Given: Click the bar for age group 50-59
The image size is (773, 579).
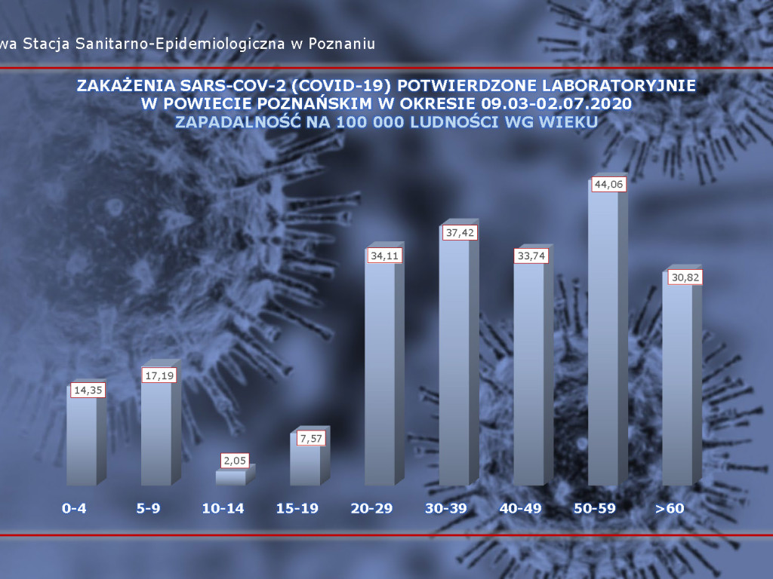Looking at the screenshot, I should pyautogui.click(x=603, y=339).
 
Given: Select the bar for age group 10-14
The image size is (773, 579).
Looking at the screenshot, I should pyautogui.click(x=230, y=477).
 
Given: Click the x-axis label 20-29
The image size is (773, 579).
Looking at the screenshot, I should pyautogui.click(x=371, y=509).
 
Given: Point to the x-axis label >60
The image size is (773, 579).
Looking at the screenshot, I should pyautogui.click(x=670, y=509).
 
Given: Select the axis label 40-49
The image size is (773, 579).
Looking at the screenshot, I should pyautogui.click(x=520, y=509).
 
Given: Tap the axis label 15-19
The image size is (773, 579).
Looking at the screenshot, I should pyautogui.click(x=297, y=509).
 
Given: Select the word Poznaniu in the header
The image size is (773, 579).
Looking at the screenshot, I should pyautogui.click(x=343, y=44).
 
